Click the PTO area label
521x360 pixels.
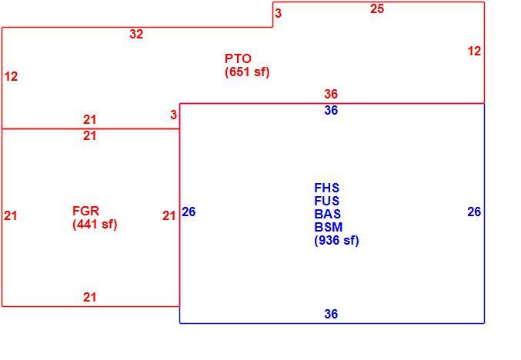click(238, 58)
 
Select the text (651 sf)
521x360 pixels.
click(247, 72)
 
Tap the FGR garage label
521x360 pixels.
click(85, 211)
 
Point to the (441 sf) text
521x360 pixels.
click(95, 224)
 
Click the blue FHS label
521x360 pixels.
click(326, 188)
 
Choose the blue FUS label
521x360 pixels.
click(326, 201)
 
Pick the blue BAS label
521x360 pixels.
click(327, 214)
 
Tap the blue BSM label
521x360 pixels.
click(329, 227)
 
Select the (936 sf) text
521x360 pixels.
click(336, 240)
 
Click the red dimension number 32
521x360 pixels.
click(136, 34)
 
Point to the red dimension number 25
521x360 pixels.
click(377, 9)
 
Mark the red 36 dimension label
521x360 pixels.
click(331, 94)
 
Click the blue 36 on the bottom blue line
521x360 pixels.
click(331, 314)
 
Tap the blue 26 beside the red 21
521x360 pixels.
click(189, 212)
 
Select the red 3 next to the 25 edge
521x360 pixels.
click(278, 13)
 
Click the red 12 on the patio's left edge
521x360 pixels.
click(11, 77)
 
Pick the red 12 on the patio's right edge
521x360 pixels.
click(474, 51)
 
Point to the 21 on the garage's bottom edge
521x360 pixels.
click(90, 297)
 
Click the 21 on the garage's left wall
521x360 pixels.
click(11, 216)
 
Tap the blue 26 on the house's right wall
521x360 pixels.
click(474, 212)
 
